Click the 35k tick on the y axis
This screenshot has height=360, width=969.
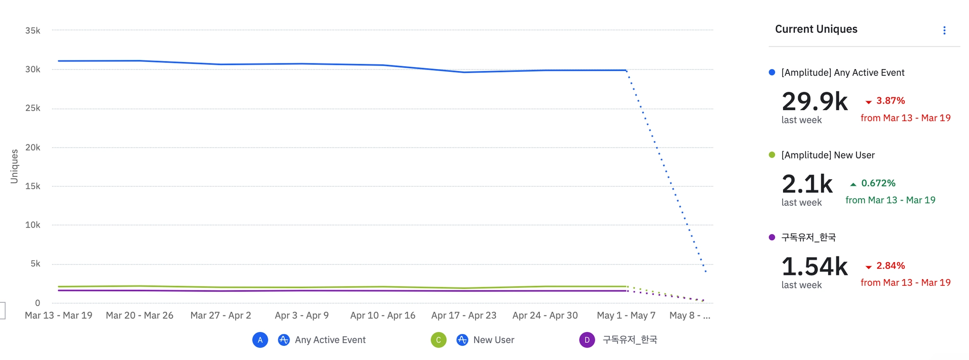tap(33, 31)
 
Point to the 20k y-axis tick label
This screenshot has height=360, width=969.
tap(33, 148)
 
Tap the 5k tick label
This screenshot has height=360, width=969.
tap(35, 264)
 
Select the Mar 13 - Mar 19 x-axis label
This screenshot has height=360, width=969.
tap(59, 316)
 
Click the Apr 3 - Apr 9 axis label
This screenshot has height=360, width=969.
tap(302, 316)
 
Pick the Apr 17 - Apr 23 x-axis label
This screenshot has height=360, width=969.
tap(464, 316)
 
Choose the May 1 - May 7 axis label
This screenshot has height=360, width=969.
tap(626, 316)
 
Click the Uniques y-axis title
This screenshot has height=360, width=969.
tap(14, 167)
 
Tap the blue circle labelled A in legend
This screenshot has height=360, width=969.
tap(260, 340)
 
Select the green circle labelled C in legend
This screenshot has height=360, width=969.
tap(439, 340)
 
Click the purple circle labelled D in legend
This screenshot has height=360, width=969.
tap(587, 340)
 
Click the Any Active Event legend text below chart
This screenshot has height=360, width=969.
tap(330, 340)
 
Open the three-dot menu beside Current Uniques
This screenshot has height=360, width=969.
tap(944, 31)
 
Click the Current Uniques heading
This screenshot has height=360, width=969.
tap(816, 29)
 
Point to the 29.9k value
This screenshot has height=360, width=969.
tap(814, 102)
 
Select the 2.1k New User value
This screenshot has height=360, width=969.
tap(807, 184)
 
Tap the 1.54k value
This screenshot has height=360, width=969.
tap(814, 267)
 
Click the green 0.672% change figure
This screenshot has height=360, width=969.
tap(878, 184)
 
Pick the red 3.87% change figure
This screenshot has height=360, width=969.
tap(890, 101)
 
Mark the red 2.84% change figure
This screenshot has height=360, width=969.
tap(890, 266)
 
